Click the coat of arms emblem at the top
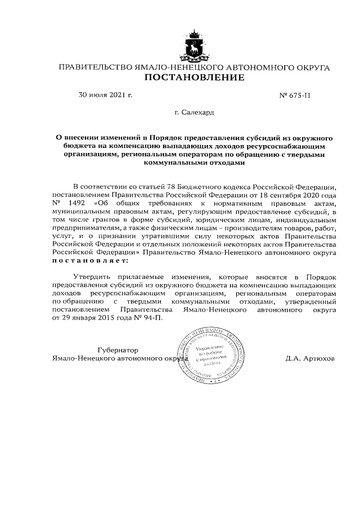[x=193, y=46]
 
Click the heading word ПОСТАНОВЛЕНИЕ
[x=195, y=78]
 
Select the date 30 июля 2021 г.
[x=105, y=96]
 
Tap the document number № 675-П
[x=294, y=96]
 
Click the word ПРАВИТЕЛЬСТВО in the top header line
[x=96, y=67]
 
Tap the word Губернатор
[x=118, y=349]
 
